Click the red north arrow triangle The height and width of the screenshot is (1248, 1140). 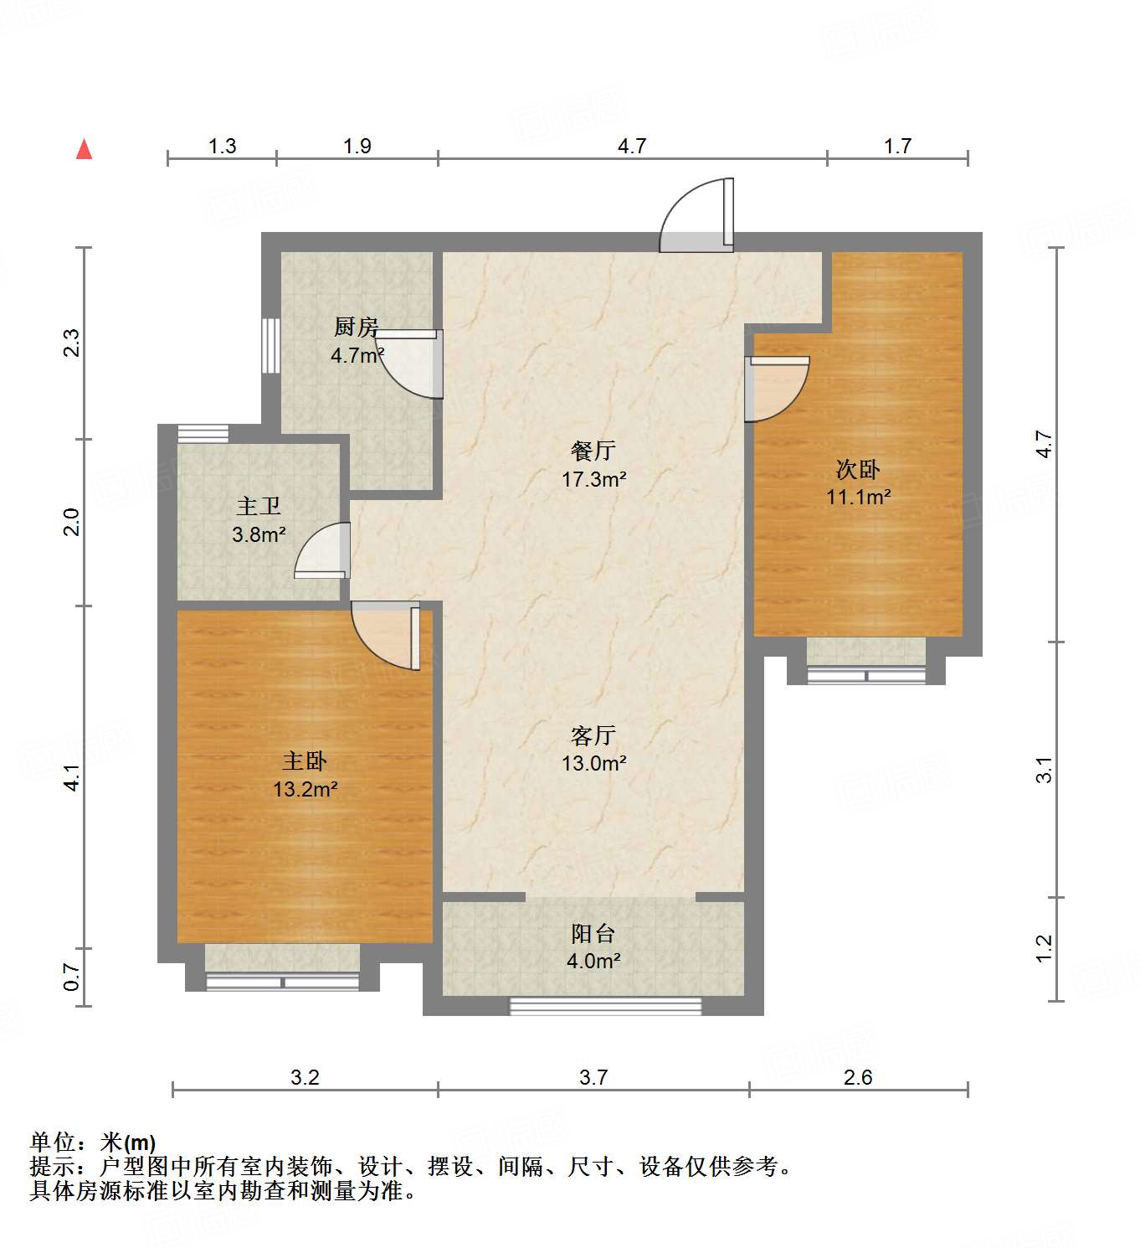point(84,149)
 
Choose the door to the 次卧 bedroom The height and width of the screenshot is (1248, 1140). point(777,388)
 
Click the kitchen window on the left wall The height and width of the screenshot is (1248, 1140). point(270,345)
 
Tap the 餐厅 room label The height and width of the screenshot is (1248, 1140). point(593,451)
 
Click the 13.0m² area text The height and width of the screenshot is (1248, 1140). point(594,763)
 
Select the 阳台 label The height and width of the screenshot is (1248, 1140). point(593,933)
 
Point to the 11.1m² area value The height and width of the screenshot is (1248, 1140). point(858,497)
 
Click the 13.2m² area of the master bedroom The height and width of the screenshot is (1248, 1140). point(305,789)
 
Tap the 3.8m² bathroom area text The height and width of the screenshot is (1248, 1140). point(259,534)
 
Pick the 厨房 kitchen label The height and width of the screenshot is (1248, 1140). point(357,327)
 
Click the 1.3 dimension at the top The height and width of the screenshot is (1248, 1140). point(222,146)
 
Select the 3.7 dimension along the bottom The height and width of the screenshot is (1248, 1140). point(593,1077)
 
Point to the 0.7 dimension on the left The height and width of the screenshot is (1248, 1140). point(72,977)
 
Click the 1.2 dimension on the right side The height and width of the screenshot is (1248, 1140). point(1044,948)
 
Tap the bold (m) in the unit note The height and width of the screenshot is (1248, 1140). point(140,1142)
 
